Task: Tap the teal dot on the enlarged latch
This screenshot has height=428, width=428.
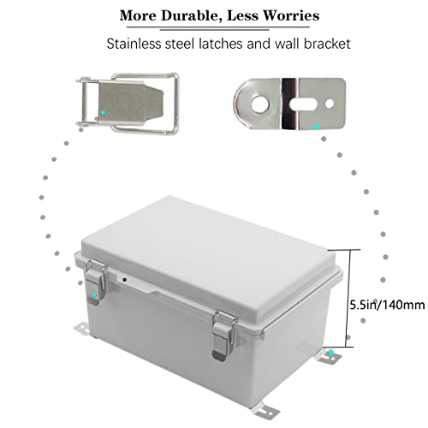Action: tap(104, 111)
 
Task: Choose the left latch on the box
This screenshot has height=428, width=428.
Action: tap(96, 282)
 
